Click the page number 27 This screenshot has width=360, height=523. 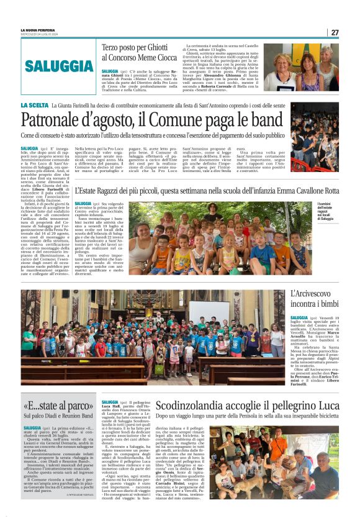[335, 32]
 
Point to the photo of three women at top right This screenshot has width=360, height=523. [302, 67]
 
